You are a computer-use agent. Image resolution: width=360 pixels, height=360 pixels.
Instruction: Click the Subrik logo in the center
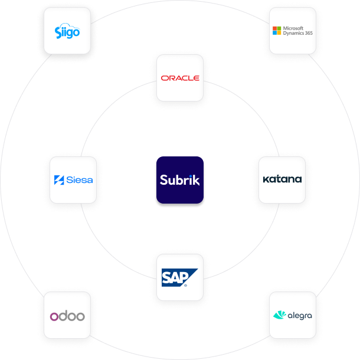coord(180,180)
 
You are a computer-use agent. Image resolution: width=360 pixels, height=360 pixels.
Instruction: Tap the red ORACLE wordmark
coord(180,78)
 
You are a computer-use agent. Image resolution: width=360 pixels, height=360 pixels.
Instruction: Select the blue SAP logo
coord(179,277)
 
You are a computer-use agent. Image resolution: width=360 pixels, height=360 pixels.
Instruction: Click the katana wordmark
coord(282,179)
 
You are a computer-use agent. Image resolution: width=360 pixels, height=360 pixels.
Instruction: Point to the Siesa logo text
coord(79,180)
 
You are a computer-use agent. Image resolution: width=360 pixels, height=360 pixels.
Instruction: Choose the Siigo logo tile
coord(68,31)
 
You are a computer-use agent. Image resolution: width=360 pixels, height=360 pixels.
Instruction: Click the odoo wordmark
coord(67,316)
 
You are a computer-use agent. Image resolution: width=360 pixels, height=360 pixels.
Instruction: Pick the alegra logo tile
coord(292,315)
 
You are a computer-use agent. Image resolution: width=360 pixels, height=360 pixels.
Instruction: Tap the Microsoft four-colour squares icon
coord(276,31)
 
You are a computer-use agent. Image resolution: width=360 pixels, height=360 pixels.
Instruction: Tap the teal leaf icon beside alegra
coord(279,315)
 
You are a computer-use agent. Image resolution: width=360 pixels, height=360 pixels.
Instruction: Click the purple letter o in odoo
coord(54,316)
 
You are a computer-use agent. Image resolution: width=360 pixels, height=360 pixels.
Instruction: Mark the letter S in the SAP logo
coord(168,277)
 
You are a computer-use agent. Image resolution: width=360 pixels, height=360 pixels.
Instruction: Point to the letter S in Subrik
coord(163,180)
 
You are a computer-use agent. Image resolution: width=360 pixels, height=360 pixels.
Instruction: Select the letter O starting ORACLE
coord(164,78)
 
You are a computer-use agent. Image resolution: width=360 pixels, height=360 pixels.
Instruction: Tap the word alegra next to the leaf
coord(300,316)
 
